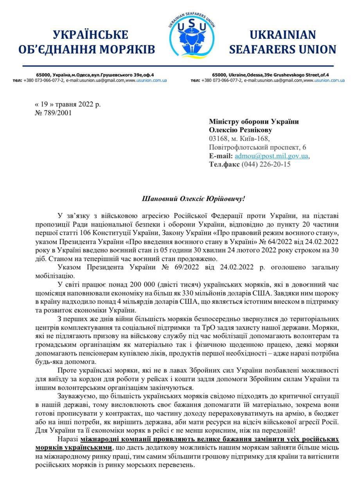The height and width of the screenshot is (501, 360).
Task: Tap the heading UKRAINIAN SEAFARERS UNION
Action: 283,42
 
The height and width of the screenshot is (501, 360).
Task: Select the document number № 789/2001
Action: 53,113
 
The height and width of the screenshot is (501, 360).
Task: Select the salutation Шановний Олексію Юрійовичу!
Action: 193,199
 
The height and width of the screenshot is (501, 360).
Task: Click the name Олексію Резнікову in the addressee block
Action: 241,130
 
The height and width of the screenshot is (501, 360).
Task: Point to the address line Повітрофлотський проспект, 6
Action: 258,147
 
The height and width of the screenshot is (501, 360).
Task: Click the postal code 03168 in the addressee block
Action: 218,139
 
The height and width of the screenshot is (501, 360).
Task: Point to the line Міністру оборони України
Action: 254,122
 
